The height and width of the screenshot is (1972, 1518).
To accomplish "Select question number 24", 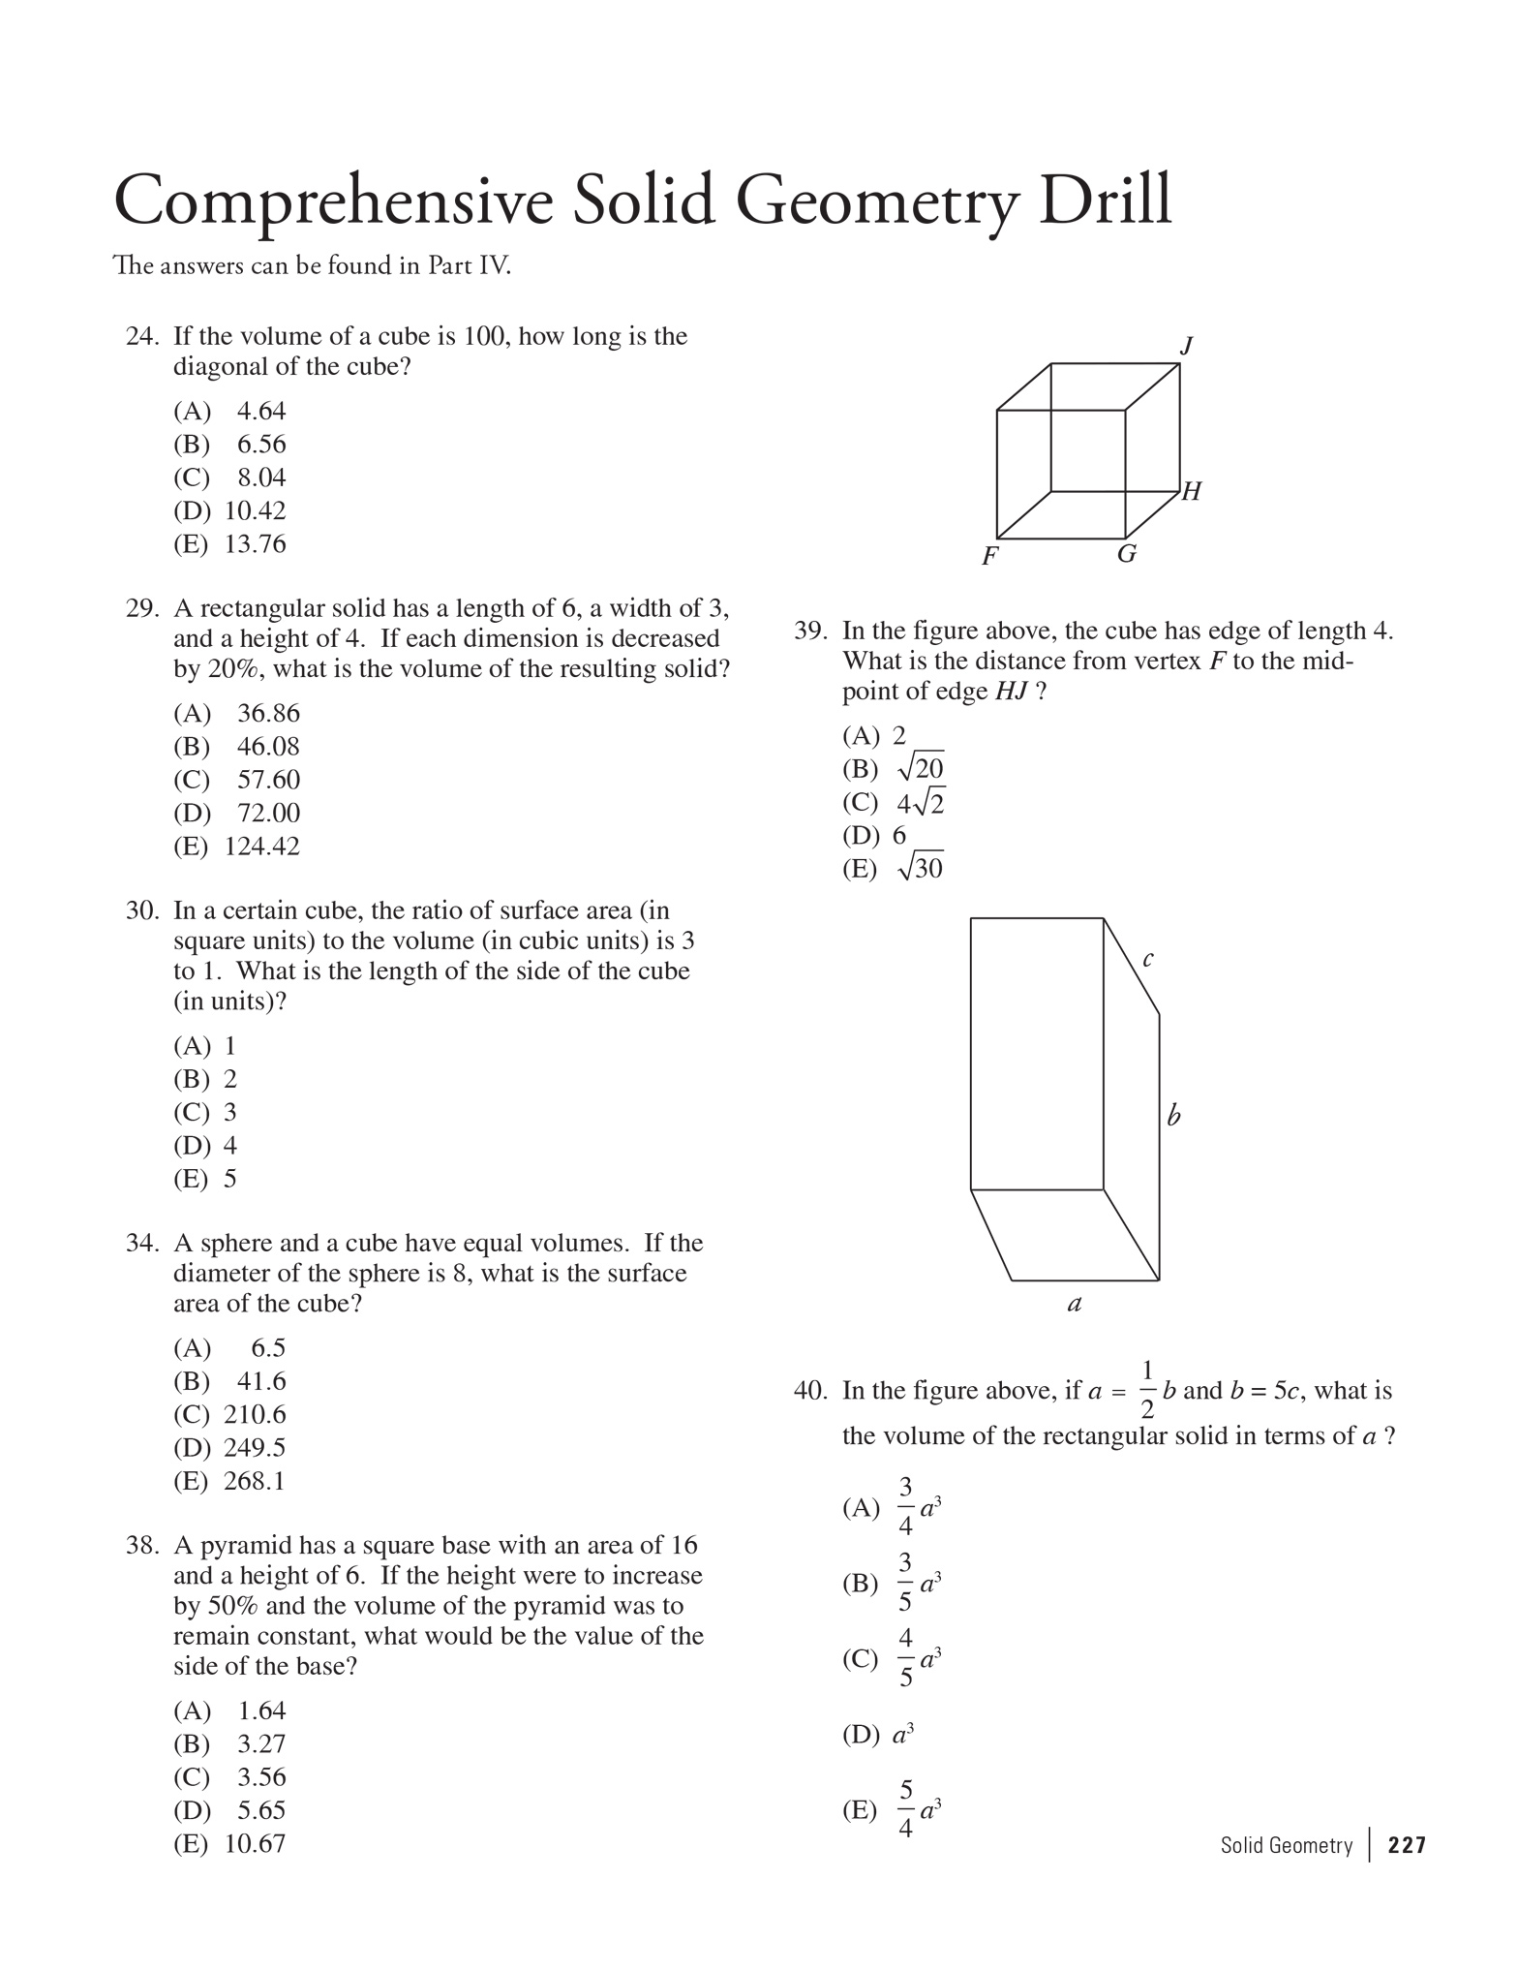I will [x=141, y=337].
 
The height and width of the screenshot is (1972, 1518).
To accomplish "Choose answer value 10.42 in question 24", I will [x=256, y=510].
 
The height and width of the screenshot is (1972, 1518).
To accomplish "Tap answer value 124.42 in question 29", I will [x=262, y=847].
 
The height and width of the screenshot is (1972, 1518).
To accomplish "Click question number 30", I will [x=141, y=911].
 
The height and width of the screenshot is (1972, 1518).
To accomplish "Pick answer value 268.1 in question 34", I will [x=255, y=1481].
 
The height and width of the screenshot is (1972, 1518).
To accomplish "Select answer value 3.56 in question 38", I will [x=261, y=1777].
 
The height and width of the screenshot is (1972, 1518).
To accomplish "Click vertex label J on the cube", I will [x=1187, y=346].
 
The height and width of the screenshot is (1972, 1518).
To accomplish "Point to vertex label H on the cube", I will [x=1192, y=492].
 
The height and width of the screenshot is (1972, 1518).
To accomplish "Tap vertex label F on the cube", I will [x=989, y=557].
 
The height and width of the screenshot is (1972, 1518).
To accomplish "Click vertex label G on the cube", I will [x=1126, y=555].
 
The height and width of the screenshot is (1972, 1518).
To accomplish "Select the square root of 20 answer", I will [x=921, y=768].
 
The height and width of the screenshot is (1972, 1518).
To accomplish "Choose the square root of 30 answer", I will [x=921, y=868].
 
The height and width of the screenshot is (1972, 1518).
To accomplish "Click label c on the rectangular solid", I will [x=1148, y=960].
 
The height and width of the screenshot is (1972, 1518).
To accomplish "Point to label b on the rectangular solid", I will [x=1173, y=1116].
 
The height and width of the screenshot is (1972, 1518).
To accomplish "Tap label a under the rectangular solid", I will [x=1074, y=1305].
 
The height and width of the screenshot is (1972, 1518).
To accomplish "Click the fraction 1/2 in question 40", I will [x=1147, y=1390].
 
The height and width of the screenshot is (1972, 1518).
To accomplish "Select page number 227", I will [x=1407, y=1846].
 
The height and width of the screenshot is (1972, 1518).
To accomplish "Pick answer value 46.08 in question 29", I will [x=268, y=747].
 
